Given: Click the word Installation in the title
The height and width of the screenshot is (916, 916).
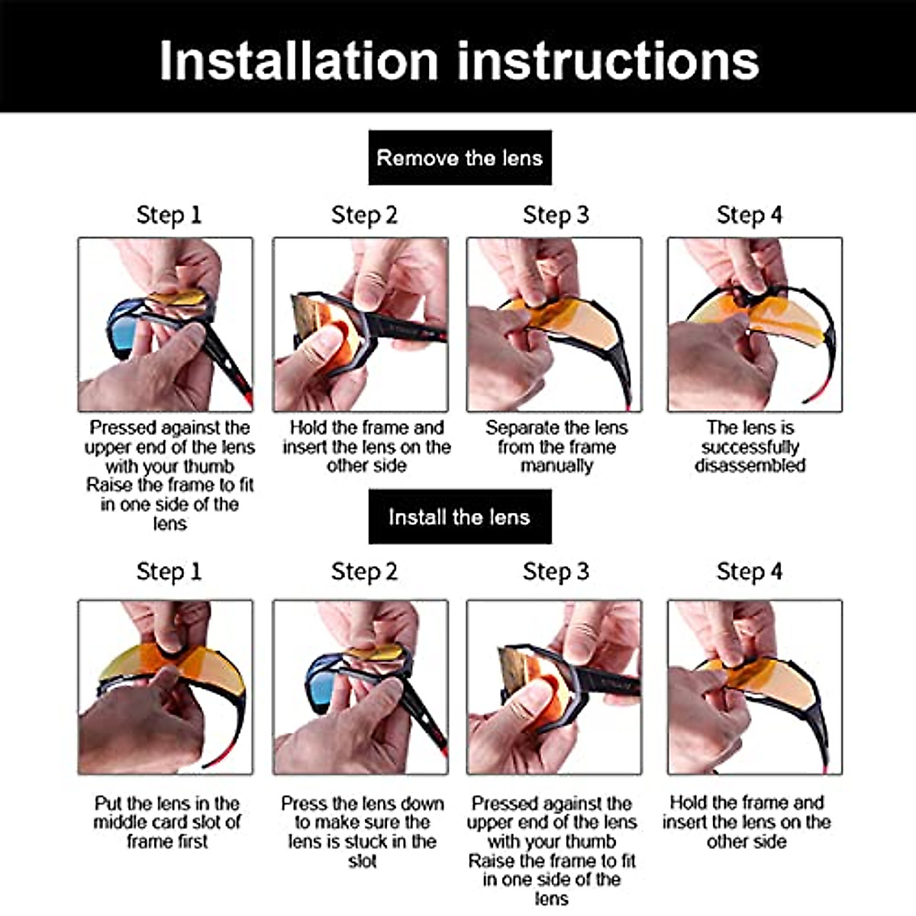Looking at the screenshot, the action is pos(298,60).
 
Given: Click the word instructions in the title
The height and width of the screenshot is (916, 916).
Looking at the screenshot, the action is pos(608,60).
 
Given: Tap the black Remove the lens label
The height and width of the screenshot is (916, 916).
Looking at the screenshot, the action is pos(460,157).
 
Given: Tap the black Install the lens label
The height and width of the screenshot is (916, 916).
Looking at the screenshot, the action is pos(460,517).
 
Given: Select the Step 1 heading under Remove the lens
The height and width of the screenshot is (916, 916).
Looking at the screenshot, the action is pos(169,214).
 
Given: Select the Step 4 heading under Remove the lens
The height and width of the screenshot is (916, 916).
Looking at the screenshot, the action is pos(749,214).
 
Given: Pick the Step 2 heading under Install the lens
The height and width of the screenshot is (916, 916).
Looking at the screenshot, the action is pos(364,571).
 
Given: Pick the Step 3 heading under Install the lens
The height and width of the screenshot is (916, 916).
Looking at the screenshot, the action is pos(556,571).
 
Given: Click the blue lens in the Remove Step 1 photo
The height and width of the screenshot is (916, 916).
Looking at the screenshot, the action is pos(121,334).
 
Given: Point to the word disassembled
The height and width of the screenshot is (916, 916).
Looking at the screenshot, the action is pos(750,466).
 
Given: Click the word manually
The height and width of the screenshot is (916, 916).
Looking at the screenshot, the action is pos(556,466).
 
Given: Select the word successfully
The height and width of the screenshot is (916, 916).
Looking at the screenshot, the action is pos(750,447).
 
